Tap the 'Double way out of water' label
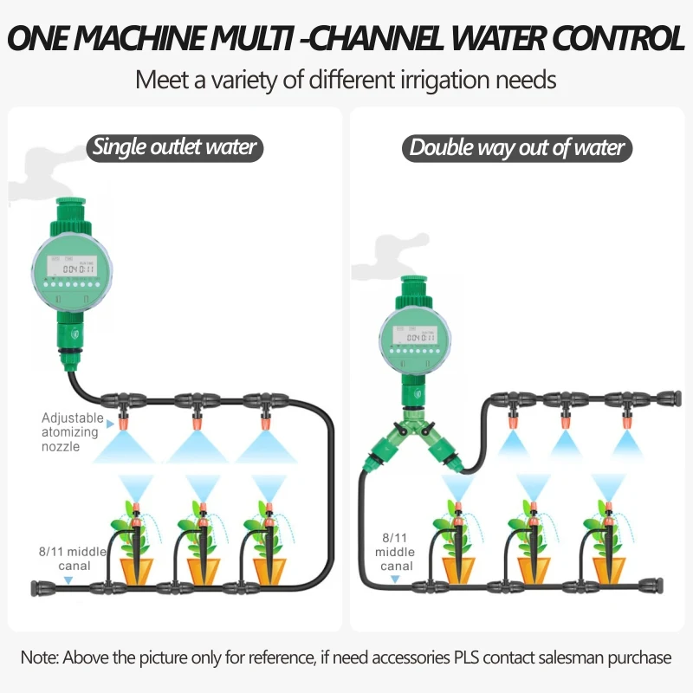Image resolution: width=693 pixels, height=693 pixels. (517, 147)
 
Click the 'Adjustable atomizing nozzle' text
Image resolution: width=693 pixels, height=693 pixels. (73, 432)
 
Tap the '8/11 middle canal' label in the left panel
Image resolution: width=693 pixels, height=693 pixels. (74, 558)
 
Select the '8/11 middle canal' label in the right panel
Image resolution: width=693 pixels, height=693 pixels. (395, 552)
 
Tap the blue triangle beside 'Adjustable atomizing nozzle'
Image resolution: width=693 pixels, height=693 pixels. (110, 418)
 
